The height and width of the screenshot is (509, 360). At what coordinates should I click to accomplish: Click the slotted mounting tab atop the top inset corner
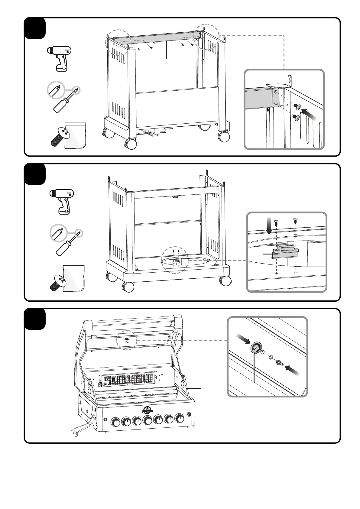tap(289, 81)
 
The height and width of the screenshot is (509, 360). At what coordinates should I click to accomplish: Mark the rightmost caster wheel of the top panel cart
tap(224, 136)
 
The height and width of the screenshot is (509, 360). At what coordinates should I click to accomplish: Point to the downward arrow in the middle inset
tap(269, 228)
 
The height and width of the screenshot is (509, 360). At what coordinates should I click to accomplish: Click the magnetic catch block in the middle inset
tap(285, 251)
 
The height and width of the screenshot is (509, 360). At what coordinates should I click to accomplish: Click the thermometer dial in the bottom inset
tap(255, 348)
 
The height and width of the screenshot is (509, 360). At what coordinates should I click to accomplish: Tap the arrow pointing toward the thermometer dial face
tap(243, 339)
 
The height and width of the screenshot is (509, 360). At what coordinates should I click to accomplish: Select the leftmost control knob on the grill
tap(115, 422)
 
